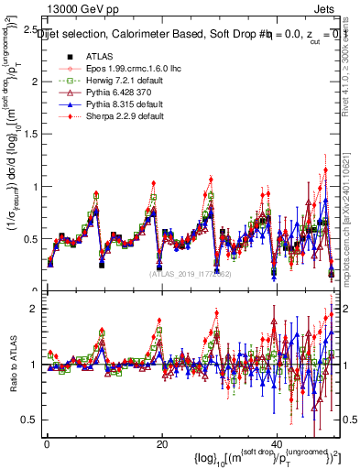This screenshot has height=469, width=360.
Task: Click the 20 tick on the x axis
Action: click(x=161, y=443)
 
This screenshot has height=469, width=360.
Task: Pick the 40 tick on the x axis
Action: click(x=276, y=443)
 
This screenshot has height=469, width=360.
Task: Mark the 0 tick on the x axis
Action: click(x=47, y=443)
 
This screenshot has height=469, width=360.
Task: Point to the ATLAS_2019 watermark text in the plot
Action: click(x=190, y=273)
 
